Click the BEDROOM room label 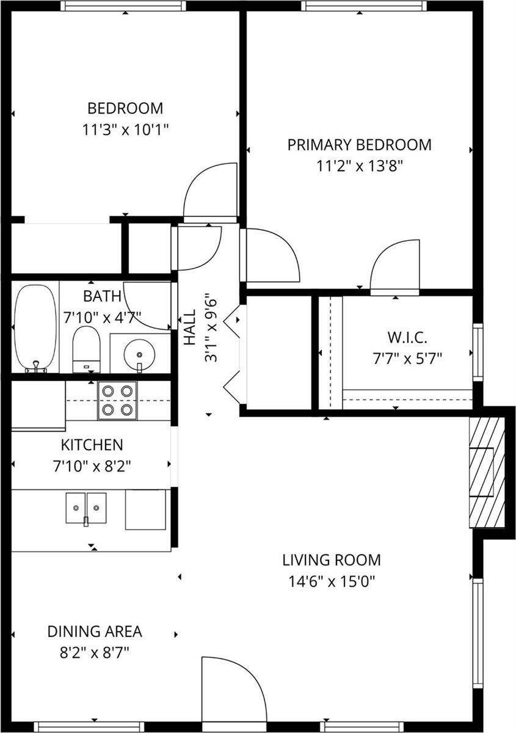(125, 109)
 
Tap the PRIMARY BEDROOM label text (359, 145)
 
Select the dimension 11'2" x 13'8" (359, 165)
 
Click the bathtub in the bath (35, 328)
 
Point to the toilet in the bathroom (85, 349)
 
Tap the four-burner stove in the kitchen (117, 400)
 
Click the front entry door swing (232, 687)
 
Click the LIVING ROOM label (332, 560)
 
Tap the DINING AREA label (95, 631)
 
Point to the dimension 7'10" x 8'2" (92, 466)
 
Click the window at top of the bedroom (122, 6)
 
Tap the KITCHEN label (92, 445)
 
